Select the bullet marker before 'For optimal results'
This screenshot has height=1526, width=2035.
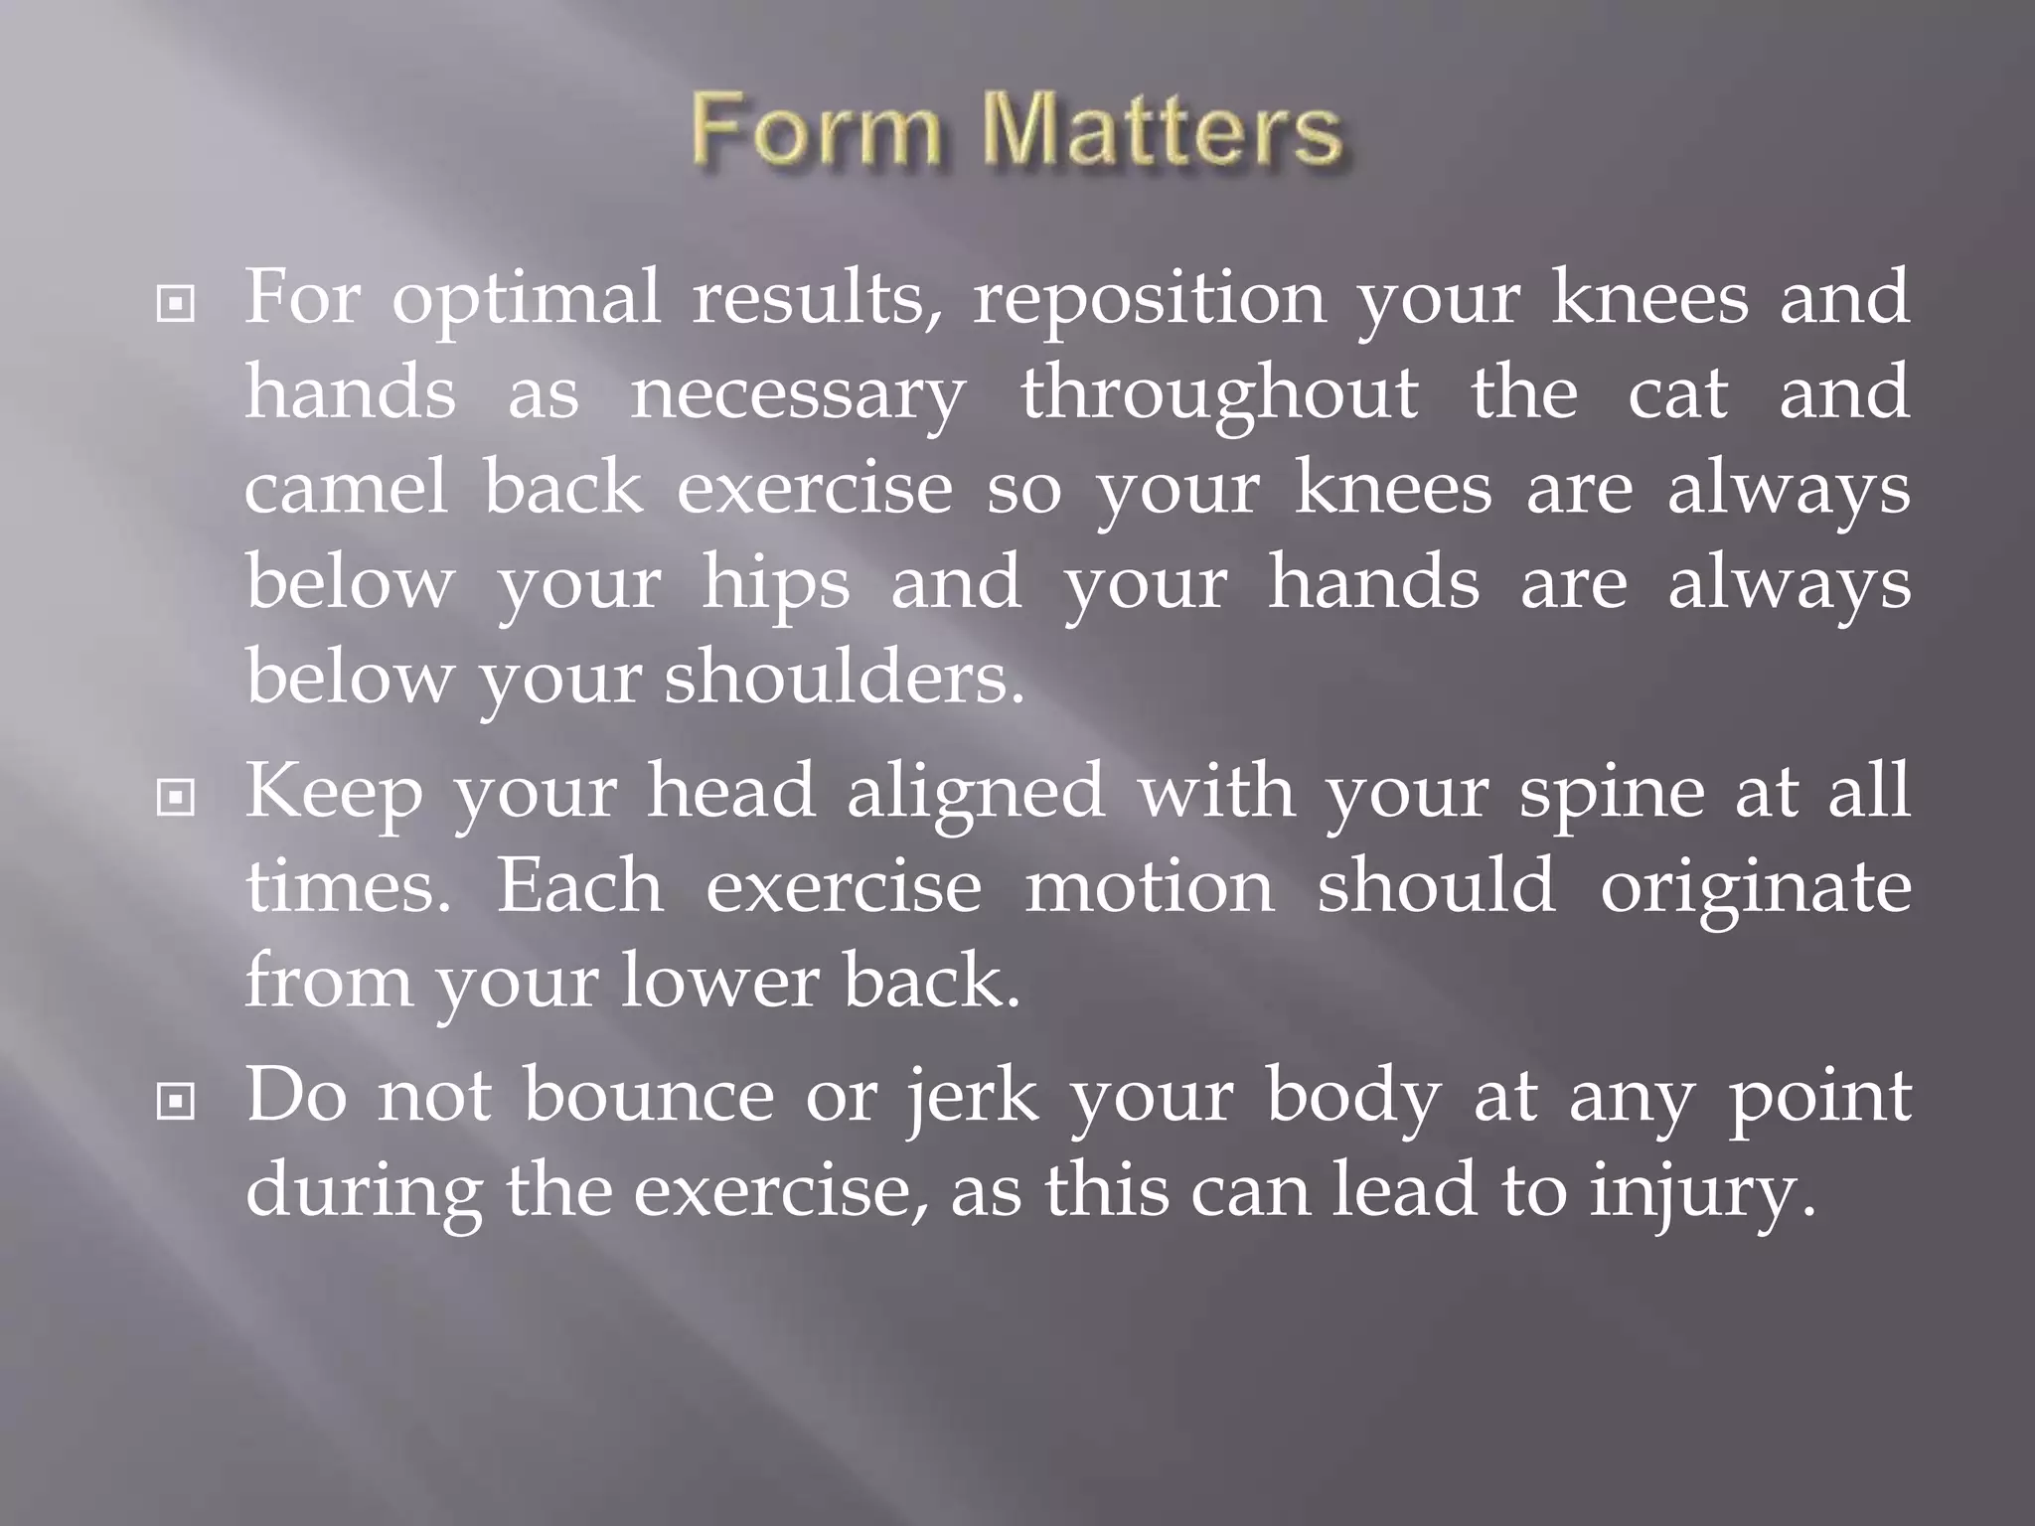click(x=176, y=305)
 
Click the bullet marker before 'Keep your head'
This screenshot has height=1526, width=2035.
click(x=176, y=797)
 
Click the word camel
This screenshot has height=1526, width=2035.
click(x=346, y=490)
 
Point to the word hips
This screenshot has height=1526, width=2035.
click(x=776, y=586)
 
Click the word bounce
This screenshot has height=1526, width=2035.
click(x=648, y=1098)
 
